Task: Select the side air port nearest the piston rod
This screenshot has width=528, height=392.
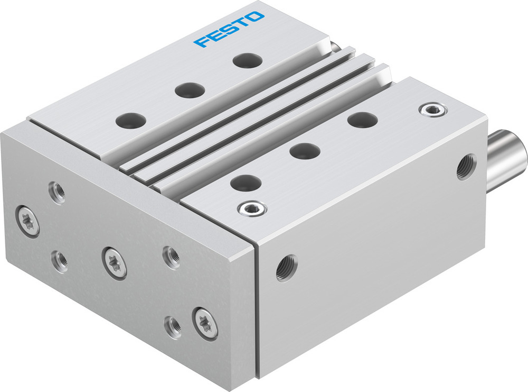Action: [466, 166]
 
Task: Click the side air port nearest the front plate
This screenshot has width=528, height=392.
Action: [287, 268]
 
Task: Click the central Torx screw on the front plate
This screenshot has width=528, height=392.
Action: [114, 262]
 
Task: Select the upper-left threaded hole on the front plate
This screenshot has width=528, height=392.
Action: [57, 192]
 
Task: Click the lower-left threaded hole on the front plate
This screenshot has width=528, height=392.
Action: [59, 260]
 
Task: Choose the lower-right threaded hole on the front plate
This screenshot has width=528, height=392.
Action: [173, 325]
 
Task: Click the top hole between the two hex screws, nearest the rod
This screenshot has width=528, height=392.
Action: [362, 120]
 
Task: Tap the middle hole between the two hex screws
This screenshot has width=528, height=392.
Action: [305, 151]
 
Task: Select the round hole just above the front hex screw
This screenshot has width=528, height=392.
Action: [246, 184]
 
